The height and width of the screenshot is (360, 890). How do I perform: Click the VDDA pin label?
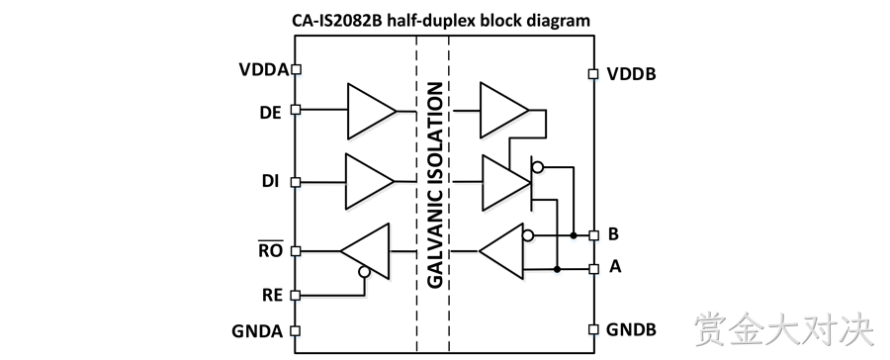point(264,69)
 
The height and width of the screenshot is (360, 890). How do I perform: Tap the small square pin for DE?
point(295,110)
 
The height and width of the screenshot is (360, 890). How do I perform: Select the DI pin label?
point(270,182)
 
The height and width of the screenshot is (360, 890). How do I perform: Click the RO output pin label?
point(271,250)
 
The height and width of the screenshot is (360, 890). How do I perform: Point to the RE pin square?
point(295,296)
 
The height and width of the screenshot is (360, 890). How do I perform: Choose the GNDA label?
point(257,331)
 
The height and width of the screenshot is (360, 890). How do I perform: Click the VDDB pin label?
point(631,74)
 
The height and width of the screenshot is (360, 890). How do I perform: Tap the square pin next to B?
point(593,235)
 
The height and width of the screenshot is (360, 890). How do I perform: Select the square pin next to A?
point(593,269)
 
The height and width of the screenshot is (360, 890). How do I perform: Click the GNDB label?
point(631,329)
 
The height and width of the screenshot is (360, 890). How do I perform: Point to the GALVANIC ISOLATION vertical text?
point(434,185)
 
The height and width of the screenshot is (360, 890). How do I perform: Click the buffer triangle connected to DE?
point(372,112)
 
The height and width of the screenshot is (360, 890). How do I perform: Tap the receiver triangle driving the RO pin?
point(365,251)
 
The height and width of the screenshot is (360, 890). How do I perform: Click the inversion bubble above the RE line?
point(364,272)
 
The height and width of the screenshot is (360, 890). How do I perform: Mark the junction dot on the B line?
point(574,235)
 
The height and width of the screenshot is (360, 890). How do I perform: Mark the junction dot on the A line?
point(558,269)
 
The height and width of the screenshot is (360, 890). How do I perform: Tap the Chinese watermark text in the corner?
point(784,328)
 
